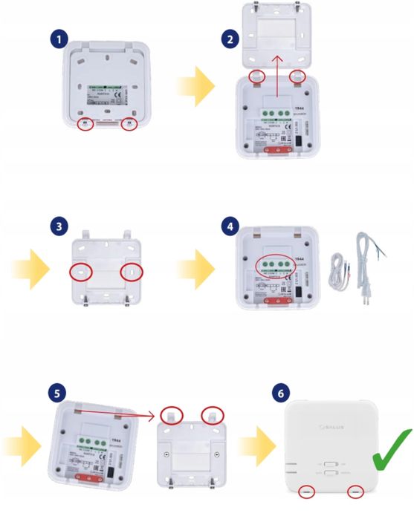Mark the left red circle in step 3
point(83,271)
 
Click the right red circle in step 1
point(132,125)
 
